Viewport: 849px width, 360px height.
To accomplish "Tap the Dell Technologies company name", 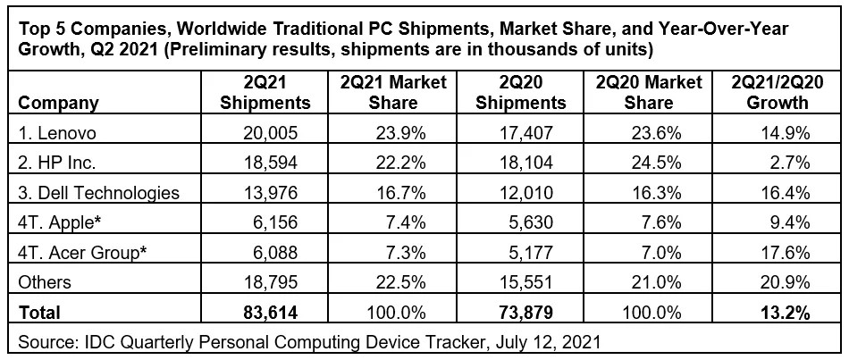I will pyautogui.click(x=98, y=193).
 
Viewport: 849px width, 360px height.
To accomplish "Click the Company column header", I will pyautogui.click(x=58, y=103).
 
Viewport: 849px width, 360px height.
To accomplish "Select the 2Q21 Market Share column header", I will pyautogui.click(x=393, y=93).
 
